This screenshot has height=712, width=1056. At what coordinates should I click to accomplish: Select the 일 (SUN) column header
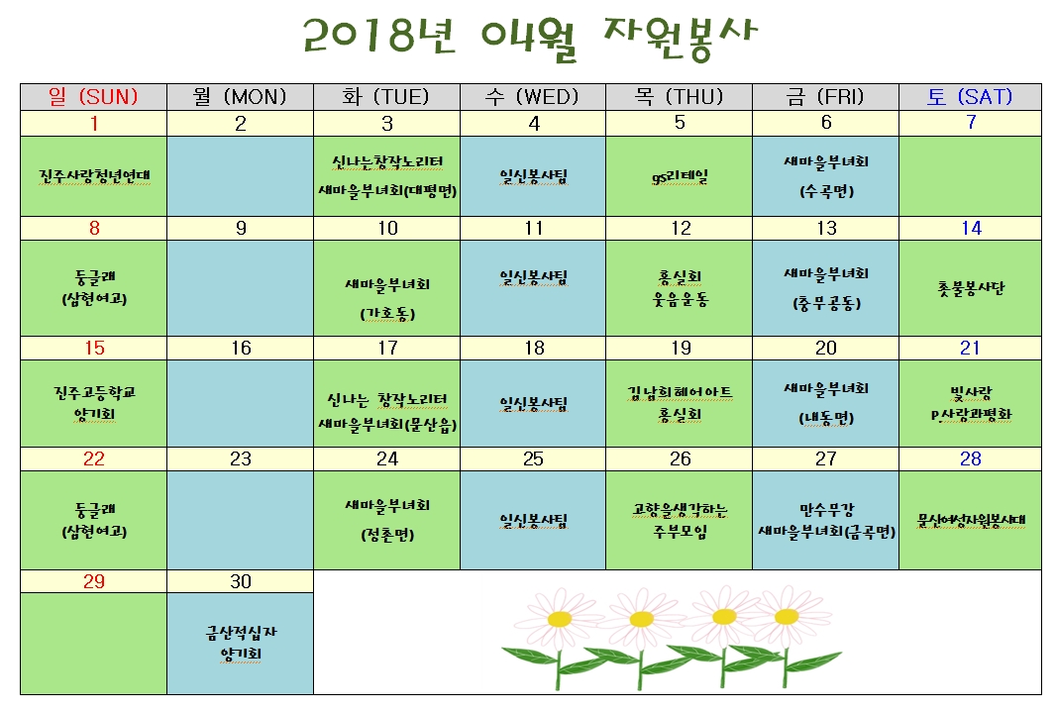pos(93,97)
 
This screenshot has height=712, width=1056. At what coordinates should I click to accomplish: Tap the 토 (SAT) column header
pos(970,97)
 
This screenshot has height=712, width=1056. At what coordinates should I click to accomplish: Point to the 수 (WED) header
pos(533,97)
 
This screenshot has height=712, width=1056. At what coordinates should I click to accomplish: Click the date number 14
pos(971,228)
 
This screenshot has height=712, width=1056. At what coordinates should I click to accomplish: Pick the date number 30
pos(241,581)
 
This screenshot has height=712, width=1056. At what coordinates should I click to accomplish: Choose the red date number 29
pos(93,581)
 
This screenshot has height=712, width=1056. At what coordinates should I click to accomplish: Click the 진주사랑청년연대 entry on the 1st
pos(94,176)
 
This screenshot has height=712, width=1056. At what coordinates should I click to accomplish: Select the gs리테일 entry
pos(680,177)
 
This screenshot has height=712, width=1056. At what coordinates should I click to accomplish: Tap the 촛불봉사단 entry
pos(971,288)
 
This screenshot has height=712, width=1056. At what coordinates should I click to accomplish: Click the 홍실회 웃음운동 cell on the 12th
pos(680,288)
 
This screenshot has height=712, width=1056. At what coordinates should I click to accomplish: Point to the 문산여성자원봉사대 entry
pos(971,520)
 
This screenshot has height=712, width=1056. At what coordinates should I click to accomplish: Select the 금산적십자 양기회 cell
pos(241,643)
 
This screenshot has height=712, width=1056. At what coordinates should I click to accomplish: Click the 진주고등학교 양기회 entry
pos(94,403)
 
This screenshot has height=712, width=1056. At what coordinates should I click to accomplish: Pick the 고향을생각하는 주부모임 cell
pos(680,520)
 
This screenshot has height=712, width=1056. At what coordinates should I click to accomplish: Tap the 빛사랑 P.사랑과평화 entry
pos(971,404)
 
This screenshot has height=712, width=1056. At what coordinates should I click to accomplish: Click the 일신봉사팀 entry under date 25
pos(533,520)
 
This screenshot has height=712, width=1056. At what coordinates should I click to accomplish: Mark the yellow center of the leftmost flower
pos(560,619)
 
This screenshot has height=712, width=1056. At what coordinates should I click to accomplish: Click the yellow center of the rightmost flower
pos(786,616)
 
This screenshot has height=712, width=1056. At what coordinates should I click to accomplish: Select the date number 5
pos(680,123)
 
